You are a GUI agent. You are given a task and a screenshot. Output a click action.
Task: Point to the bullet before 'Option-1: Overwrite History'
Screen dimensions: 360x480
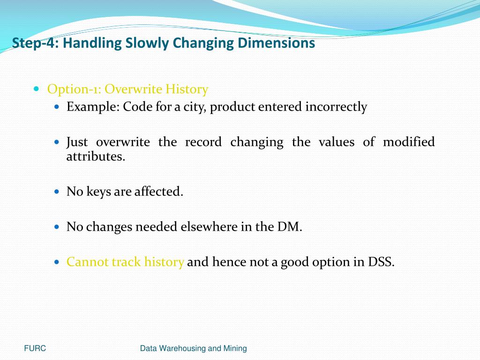pyautogui.click(x=37, y=89)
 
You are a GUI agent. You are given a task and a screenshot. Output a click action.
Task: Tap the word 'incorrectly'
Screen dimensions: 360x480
pyautogui.click(x=336, y=107)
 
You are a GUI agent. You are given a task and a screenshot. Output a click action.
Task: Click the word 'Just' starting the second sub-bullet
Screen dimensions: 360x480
pyautogui.click(x=77, y=142)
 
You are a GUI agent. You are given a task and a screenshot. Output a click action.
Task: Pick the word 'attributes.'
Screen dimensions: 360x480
pyautogui.click(x=96, y=157)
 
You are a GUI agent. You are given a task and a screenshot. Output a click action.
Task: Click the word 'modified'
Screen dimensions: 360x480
pyautogui.click(x=408, y=142)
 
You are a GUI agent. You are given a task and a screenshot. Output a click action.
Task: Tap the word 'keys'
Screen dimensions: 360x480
pyautogui.click(x=98, y=192)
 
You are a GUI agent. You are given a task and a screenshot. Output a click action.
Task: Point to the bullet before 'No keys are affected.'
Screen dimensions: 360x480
pyautogui.click(x=57, y=192)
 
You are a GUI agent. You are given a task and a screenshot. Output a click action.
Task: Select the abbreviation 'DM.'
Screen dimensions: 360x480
pyautogui.click(x=291, y=227)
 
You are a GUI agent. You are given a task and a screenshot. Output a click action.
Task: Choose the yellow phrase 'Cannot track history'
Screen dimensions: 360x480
pyautogui.click(x=125, y=262)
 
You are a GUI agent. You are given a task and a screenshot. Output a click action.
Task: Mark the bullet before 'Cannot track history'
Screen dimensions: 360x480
pyautogui.click(x=57, y=262)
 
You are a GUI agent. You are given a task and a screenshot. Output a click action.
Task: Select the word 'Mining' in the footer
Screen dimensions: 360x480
pyautogui.click(x=235, y=348)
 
